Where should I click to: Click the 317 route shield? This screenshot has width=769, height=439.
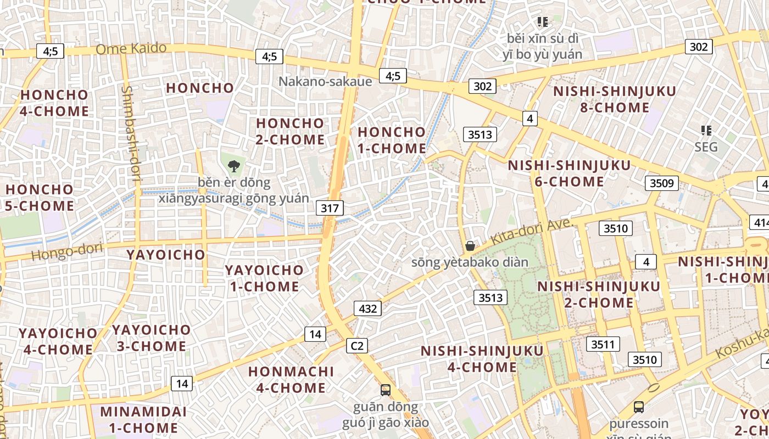330,208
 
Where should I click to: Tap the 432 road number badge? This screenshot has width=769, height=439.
367,308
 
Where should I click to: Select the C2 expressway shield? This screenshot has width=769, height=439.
357,346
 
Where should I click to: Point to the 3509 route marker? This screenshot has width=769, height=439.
661,183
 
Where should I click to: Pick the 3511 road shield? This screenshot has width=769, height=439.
603,344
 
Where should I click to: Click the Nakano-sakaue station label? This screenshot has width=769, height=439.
325,82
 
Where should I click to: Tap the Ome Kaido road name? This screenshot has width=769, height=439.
131,48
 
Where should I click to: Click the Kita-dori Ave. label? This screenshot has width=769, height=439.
532,233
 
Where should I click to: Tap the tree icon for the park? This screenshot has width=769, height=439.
234,166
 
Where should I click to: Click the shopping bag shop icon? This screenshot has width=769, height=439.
470,246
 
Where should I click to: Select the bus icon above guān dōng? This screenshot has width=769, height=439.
386,390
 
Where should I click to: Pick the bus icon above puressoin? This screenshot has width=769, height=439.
638,407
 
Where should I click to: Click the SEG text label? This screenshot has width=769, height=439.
706,147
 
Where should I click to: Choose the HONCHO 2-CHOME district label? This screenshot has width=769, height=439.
290,131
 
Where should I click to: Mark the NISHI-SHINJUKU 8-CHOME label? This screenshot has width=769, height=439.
615,99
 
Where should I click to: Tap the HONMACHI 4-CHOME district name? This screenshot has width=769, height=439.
291,379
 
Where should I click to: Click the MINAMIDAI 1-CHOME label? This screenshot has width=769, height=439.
143,419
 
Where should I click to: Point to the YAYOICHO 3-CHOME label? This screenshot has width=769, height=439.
151,338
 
